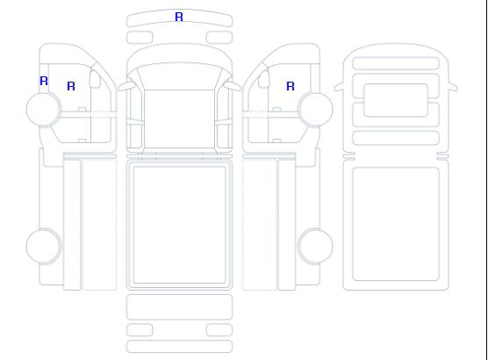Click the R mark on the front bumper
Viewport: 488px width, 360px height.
(x=179, y=17)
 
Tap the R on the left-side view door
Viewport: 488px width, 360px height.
(x=71, y=86)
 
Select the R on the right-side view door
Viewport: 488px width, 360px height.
(x=291, y=86)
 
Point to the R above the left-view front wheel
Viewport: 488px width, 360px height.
(x=44, y=81)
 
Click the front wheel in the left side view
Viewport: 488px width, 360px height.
(x=44, y=109)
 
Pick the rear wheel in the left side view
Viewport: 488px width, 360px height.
(x=44, y=246)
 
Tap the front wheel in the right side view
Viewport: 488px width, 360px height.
(x=315, y=109)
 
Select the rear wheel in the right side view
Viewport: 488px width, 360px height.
(x=315, y=246)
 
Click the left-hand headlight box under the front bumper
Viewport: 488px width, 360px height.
(x=140, y=38)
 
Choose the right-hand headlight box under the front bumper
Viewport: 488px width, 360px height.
(x=219, y=38)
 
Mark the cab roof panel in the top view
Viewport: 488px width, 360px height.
(x=179, y=119)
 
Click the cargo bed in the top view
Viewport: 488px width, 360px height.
(x=179, y=225)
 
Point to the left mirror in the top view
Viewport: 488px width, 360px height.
(x=126, y=86)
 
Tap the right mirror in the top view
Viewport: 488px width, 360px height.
(x=233, y=86)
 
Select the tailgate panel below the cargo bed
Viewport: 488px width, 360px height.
(x=179, y=307)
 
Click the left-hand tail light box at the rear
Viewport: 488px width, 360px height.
(x=140, y=330)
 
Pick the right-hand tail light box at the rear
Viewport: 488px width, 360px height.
(x=219, y=330)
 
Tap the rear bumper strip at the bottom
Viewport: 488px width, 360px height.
(x=179, y=347)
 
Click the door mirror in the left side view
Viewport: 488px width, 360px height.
(x=95, y=79)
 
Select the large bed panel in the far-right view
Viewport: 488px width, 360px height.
(x=396, y=224)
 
